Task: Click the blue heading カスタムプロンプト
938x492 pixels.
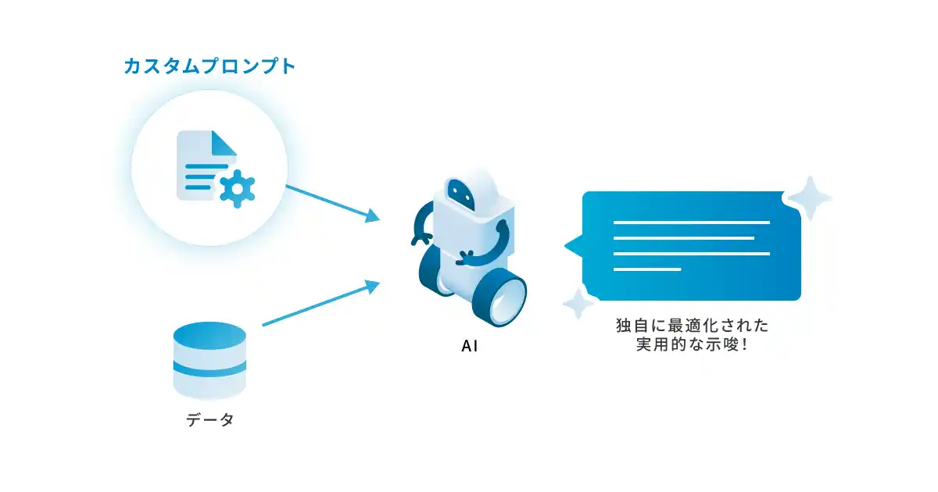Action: point(210,66)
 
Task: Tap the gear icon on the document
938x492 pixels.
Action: point(238,189)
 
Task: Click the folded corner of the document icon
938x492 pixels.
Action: point(224,143)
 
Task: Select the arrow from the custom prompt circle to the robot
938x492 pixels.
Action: point(333,203)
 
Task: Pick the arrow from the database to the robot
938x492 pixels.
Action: point(321,302)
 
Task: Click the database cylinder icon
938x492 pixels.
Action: point(209,360)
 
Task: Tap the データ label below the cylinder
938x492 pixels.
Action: point(210,419)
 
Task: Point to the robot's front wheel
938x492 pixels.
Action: point(500,298)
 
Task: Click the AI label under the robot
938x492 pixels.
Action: point(470,346)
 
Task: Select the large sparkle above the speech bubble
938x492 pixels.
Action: point(810,198)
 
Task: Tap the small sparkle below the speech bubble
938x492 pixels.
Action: point(578,303)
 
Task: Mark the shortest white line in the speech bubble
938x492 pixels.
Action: point(647,269)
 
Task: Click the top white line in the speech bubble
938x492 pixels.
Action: point(692,223)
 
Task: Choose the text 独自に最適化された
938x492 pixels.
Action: point(693,326)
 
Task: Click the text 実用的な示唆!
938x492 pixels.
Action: point(693,344)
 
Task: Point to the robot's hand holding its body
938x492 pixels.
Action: point(466,257)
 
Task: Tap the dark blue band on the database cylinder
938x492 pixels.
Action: point(209,369)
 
